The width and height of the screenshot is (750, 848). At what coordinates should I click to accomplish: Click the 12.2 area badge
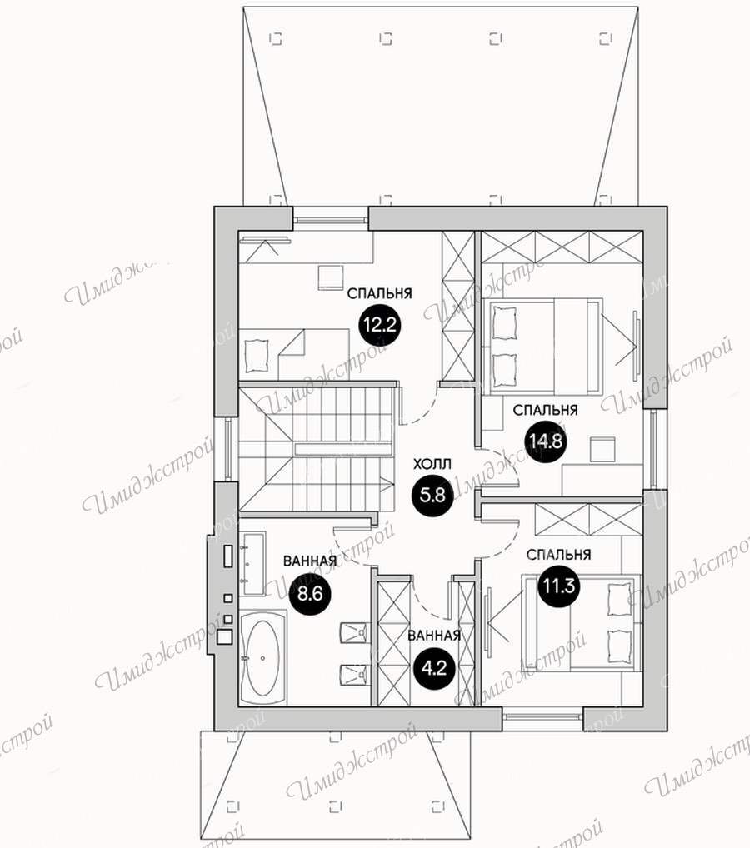pyautogui.click(x=380, y=325)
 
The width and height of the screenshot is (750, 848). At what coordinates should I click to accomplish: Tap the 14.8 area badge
pyautogui.click(x=547, y=441)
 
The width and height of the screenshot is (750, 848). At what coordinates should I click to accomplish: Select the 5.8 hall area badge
pyautogui.click(x=432, y=495)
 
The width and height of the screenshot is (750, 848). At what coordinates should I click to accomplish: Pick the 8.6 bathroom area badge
pyautogui.click(x=311, y=595)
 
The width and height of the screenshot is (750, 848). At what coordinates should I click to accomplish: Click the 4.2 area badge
pyautogui.click(x=434, y=669)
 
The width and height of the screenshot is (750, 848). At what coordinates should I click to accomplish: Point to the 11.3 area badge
pyautogui.click(x=559, y=585)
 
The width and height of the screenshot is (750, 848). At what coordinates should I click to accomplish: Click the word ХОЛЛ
pyautogui.click(x=432, y=465)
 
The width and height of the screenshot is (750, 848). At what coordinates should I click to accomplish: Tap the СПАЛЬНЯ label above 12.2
pyautogui.click(x=380, y=293)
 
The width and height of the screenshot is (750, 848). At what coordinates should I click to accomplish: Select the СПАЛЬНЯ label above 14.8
pyautogui.click(x=546, y=410)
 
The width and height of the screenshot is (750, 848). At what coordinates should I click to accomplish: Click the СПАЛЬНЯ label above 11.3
pyautogui.click(x=559, y=554)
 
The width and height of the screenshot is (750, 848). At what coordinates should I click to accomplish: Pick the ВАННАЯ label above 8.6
pyautogui.click(x=310, y=561)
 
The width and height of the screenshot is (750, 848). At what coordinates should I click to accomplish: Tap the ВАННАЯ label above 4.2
pyautogui.click(x=434, y=636)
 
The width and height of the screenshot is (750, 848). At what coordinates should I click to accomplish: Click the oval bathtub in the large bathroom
pyautogui.click(x=262, y=657)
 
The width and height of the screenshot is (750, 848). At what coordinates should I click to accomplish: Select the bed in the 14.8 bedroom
pyautogui.click(x=546, y=347)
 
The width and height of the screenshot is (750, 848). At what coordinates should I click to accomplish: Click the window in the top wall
pyautogui.click(x=330, y=220)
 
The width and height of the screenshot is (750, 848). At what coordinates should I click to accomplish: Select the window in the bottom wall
pyautogui.click(x=542, y=718)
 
